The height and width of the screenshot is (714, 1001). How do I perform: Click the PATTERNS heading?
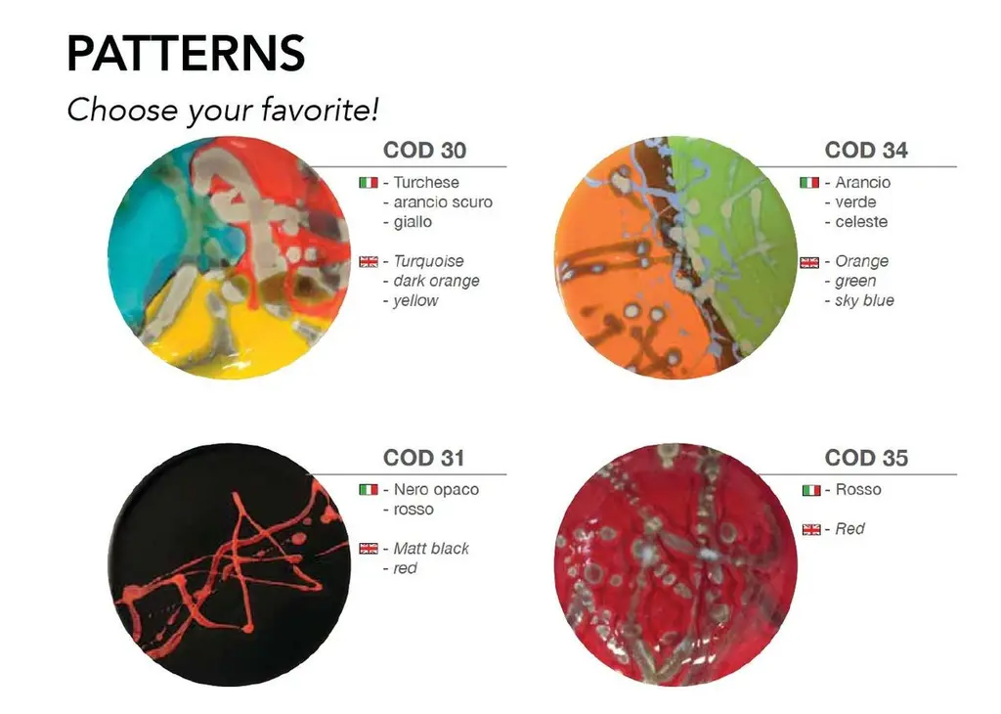186,53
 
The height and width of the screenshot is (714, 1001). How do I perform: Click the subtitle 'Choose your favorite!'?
223,110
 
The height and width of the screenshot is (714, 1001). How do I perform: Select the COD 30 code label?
424,150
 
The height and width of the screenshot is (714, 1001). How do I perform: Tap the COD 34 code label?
866,150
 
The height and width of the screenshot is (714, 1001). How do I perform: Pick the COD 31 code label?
423,458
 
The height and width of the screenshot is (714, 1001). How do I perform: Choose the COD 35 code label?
866,458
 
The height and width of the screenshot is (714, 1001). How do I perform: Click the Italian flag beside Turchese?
369,183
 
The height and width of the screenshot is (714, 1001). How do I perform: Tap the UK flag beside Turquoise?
369,261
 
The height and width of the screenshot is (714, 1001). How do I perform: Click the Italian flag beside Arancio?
809,183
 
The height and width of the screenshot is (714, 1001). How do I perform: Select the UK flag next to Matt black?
369,549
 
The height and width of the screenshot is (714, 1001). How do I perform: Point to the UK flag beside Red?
811,529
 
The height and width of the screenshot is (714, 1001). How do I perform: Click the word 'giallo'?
413,222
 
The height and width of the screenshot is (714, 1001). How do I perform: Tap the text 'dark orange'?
437,281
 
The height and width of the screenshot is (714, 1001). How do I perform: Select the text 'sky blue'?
864,301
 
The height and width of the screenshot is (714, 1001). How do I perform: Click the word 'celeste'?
861,222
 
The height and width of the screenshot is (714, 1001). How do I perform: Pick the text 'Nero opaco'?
436,490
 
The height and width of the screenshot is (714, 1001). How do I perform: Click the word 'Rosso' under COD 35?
858,490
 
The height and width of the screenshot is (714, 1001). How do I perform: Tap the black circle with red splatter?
229,565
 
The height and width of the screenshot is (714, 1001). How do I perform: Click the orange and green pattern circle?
675,257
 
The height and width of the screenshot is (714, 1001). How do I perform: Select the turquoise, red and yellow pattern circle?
229,257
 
